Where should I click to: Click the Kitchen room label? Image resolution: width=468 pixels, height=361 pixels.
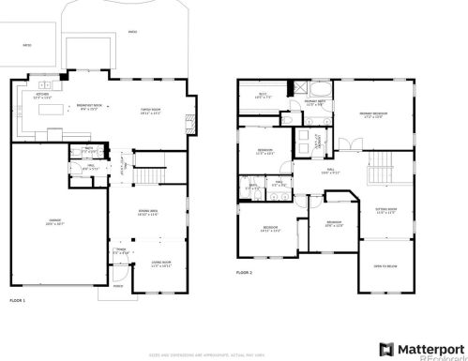pos(42,96)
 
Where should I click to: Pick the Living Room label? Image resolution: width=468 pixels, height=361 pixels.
pos(148,263)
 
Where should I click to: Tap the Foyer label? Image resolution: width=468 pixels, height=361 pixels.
pos(121,250)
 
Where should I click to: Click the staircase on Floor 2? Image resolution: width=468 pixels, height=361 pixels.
pos(379,173)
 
